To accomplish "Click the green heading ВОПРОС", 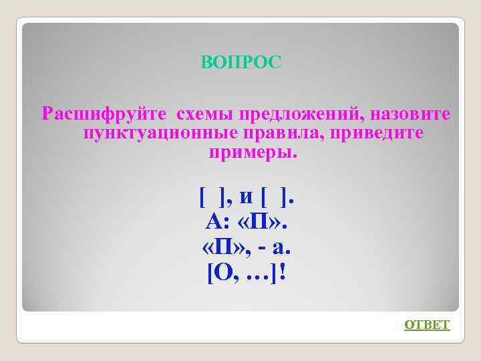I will pos(241,62).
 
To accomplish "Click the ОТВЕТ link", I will pos(428,325).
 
